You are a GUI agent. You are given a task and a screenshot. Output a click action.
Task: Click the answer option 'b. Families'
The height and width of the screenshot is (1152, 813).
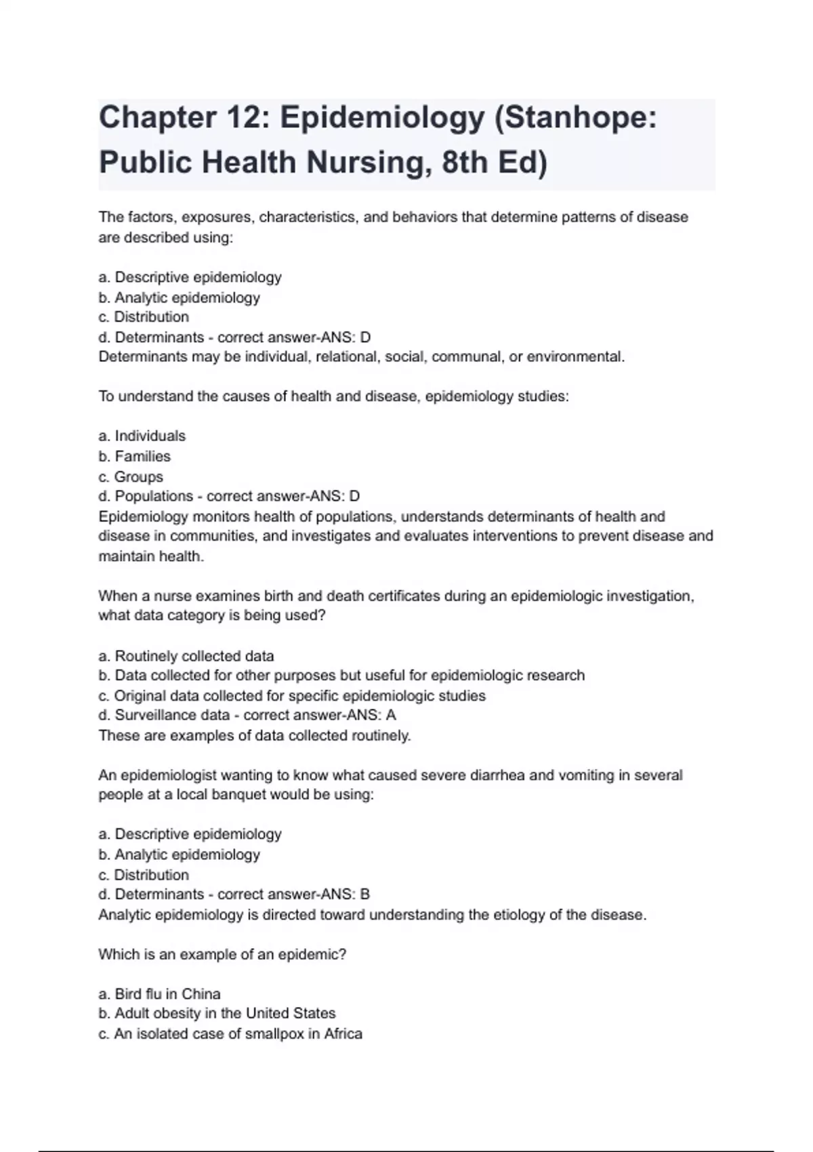pyautogui.click(x=134, y=456)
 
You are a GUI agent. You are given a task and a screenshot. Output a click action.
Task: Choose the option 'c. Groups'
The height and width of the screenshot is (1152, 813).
pyautogui.click(x=131, y=476)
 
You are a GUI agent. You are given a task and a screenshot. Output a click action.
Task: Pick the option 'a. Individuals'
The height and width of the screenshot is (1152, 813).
pyautogui.click(x=142, y=436)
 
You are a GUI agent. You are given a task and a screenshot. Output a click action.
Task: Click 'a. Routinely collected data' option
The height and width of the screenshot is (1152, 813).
pyautogui.click(x=186, y=656)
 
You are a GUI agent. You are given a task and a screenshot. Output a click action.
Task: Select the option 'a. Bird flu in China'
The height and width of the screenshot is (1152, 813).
pyautogui.click(x=159, y=993)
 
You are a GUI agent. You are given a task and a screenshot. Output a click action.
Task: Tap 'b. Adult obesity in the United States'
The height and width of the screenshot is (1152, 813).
pyautogui.click(x=217, y=1013)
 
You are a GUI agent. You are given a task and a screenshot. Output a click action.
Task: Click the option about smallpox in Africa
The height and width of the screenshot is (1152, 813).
pyautogui.click(x=230, y=1033)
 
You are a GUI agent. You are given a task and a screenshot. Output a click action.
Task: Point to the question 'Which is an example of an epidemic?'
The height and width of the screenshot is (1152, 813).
pyautogui.click(x=222, y=954)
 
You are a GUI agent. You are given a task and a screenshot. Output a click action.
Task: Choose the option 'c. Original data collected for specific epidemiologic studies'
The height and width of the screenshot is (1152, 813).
pyautogui.click(x=292, y=695)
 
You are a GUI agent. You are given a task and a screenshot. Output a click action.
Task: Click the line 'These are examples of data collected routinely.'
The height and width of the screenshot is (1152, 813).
pyautogui.click(x=255, y=735)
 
